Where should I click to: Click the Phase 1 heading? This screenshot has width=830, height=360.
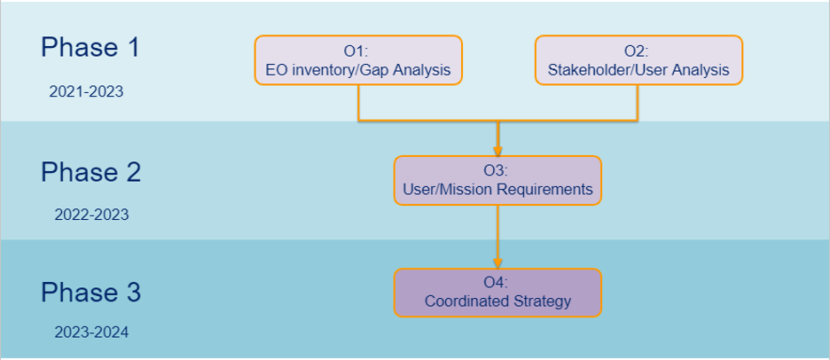90,47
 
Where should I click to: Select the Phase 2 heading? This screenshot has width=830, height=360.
91,172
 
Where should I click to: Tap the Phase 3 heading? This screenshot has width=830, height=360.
91,293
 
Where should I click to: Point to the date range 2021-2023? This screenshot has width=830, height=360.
86,91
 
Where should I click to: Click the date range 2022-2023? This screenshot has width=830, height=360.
91,215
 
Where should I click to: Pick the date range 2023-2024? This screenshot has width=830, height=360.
91,333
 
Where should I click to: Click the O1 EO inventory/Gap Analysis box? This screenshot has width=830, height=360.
358,59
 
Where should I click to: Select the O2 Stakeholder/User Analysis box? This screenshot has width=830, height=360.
638,59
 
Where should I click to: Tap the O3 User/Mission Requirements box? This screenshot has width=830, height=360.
497,180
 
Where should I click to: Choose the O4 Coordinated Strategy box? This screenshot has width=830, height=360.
497,293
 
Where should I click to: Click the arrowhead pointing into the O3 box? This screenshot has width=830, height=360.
497,151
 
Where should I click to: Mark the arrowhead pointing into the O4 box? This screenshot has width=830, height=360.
497,263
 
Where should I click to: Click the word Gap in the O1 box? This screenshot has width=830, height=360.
372,70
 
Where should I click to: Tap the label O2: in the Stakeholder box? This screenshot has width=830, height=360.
637,51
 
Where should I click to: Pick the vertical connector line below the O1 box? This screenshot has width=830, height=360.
358,102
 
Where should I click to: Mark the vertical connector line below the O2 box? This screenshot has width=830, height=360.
638,102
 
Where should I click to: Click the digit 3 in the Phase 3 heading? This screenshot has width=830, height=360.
133,293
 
